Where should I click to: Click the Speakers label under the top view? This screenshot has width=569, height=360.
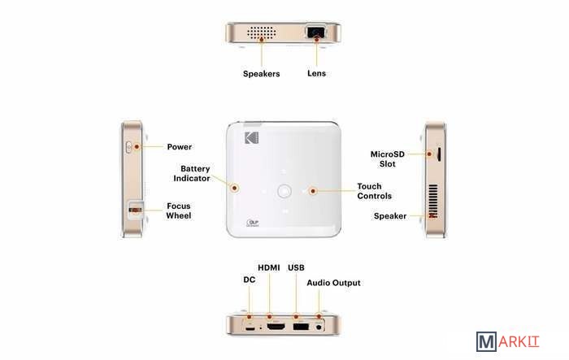click(x=261, y=74)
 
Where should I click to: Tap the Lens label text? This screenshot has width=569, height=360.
click(x=316, y=73)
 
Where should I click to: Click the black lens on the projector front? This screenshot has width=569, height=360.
click(x=315, y=32)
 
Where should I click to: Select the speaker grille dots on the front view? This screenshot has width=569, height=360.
click(x=261, y=32)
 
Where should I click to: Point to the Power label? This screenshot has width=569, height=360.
click(x=180, y=147)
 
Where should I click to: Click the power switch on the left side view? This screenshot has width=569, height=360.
click(x=128, y=147)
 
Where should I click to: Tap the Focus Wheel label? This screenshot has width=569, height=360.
click(x=179, y=210)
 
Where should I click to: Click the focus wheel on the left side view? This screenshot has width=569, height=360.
click(x=136, y=210)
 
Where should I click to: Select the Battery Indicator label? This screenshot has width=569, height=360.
click(x=192, y=173)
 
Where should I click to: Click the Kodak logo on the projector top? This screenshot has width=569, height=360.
click(x=251, y=138)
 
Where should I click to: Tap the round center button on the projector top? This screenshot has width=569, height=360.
click(x=284, y=191)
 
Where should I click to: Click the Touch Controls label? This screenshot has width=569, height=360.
click(x=374, y=191)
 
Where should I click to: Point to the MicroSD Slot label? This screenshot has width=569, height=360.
click(x=387, y=159)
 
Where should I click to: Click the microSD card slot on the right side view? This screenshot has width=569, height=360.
click(x=439, y=154)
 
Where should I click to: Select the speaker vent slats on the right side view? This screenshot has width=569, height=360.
click(x=433, y=201)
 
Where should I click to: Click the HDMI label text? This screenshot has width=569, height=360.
click(x=269, y=268)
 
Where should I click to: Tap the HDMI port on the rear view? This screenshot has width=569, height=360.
click(x=276, y=327)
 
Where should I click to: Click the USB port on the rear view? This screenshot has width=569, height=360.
click(x=301, y=327)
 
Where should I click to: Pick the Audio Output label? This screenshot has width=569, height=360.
click(x=333, y=283)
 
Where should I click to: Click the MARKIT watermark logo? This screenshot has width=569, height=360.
click(x=508, y=341)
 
